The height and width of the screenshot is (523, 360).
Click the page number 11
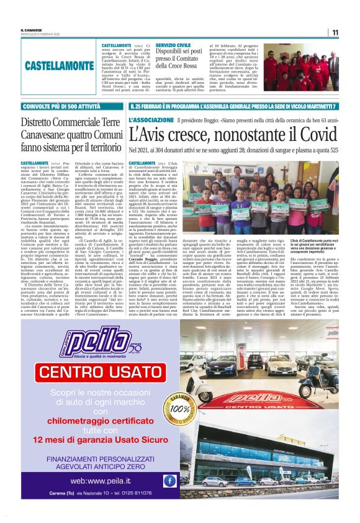[x=335, y=32]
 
